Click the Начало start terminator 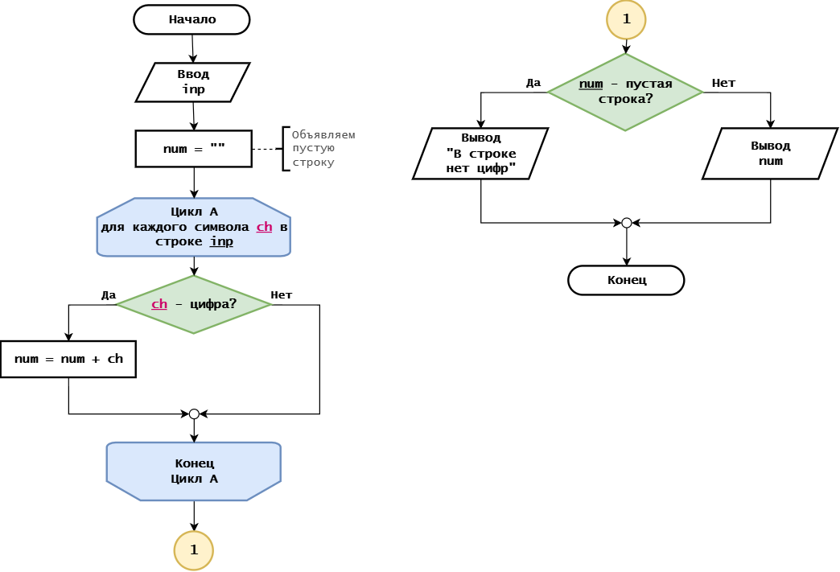[191, 20]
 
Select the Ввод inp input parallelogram [193, 82]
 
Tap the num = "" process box [193, 149]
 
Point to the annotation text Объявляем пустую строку [323, 148]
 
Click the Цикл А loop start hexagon [194, 227]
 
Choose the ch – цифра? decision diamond [194, 304]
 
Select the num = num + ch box [68, 360]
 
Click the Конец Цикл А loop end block [194, 471]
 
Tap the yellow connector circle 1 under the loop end [194, 550]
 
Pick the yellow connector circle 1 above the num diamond [626, 19]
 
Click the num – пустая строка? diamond [625, 93]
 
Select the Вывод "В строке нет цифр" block [480, 153]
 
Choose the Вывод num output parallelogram [770, 153]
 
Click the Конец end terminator [626, 280]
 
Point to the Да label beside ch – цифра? [109, 295]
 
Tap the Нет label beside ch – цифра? [282, 295]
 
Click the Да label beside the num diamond [533, 83]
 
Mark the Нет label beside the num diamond [724, 83]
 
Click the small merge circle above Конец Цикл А [194, 414]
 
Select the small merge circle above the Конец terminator [626, 223]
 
